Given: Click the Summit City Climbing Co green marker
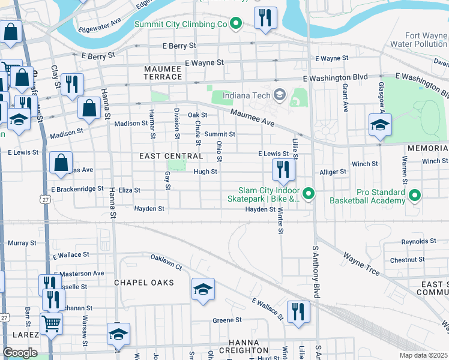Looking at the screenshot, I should tap(236, 24).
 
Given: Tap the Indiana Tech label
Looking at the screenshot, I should tap(246, 95).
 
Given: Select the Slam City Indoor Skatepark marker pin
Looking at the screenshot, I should tap(309, 193).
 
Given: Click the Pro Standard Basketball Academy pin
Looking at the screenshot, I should tap(415, 195).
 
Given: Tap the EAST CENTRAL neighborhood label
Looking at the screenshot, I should tap(163, 156).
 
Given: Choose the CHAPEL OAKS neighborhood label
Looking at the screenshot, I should tap(144, 283).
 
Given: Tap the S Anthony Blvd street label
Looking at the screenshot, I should tap(315, 271).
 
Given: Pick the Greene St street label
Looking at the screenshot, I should tap(227, 320).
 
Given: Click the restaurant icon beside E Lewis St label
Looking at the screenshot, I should tap(282, 170).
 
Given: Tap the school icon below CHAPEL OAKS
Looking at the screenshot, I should tap(203, 290).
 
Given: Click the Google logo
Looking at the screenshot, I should tap(20, 353).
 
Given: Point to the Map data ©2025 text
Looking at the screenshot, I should tap(424, 355).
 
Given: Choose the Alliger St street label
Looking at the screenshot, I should tap(333, 172).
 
